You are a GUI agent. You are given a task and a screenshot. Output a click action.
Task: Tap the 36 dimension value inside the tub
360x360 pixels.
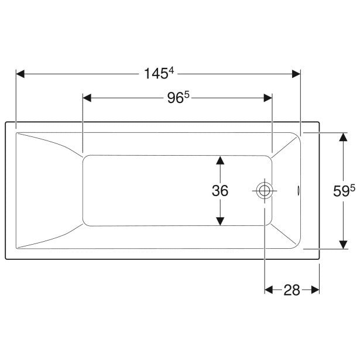coord(220,191)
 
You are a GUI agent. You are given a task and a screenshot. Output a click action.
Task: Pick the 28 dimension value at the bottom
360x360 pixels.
coord(292,290)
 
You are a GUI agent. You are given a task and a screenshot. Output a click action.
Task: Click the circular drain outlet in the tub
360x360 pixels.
coord(265,191)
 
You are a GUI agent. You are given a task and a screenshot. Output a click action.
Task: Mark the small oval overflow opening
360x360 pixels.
coord(298,191)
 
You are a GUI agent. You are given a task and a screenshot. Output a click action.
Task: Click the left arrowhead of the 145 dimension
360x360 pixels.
coord(20,74)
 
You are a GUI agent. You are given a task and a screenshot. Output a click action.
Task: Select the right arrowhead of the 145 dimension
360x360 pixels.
coord(296,74)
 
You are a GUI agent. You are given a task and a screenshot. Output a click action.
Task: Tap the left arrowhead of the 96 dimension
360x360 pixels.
coord(87,98)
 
